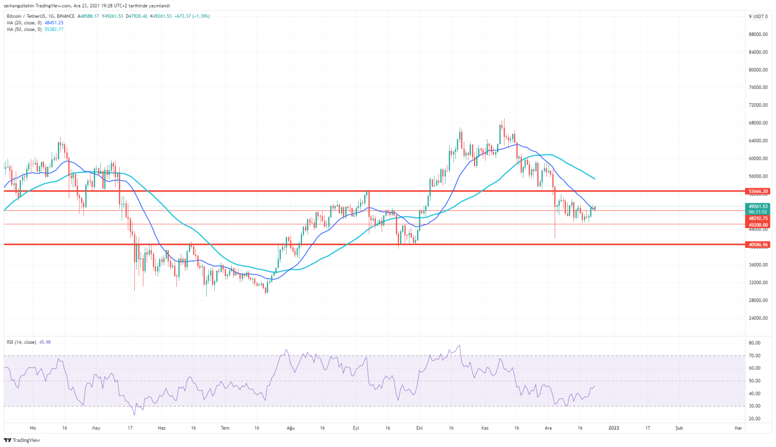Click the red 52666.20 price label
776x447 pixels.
[757, 192]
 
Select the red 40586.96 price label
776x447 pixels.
[757, 245]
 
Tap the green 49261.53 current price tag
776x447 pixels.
[757, 206]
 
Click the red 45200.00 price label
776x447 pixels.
[757, 225]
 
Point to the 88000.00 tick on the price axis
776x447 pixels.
[758, 34]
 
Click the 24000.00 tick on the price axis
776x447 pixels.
[758, 318]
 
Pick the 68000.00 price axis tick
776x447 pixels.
[758, 123]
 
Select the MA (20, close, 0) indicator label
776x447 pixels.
[24, 23]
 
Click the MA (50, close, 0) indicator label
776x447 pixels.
[24, 29]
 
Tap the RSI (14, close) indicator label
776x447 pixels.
[22, 342]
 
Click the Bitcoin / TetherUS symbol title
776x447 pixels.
[40, 16]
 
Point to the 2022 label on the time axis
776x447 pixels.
[614, 428]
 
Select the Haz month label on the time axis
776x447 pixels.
[162, 428]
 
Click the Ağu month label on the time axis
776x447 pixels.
[290, 428]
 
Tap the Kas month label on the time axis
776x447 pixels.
[485, 428]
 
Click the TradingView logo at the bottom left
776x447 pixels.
[22, 440]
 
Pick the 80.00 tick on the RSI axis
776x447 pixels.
[755, 343]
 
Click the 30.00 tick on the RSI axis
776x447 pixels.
[755, 406]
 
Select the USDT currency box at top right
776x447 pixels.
[759, 16]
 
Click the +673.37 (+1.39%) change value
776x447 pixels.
[192, 16]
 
